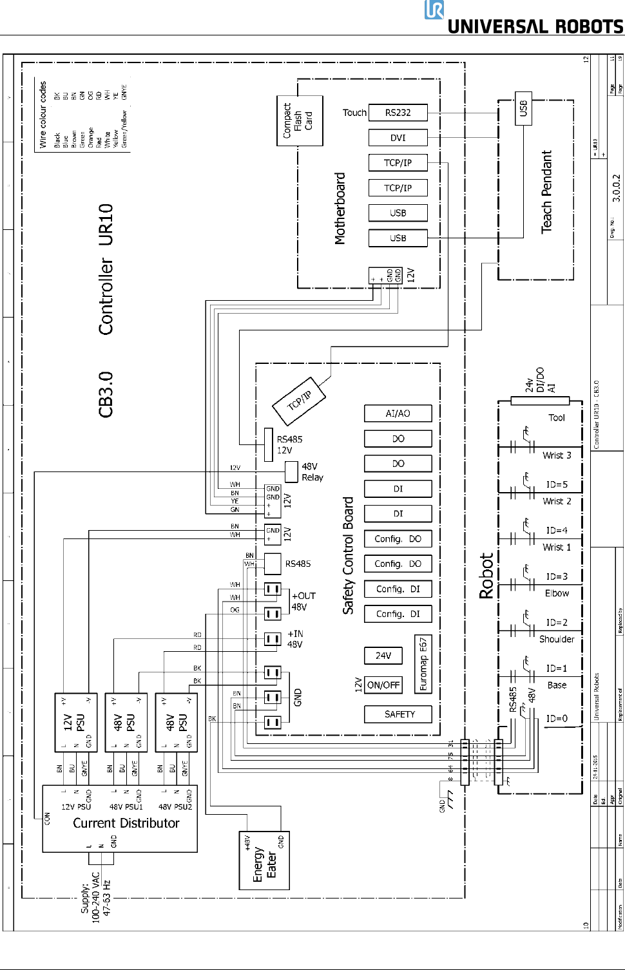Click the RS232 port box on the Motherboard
point(398,113)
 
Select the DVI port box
point(398,138)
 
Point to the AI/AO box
point(398,414)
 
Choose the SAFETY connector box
point(399,714)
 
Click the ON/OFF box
point(383,685)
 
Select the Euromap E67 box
point(423,664)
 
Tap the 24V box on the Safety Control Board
point(383,656)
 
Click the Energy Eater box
point(264,861)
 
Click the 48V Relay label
point(312,471)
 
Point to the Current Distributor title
point(126,823)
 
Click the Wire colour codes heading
point(43,115)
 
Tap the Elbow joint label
point(557,593)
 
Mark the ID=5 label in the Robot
point(557,484)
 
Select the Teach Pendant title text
point(546,192)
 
